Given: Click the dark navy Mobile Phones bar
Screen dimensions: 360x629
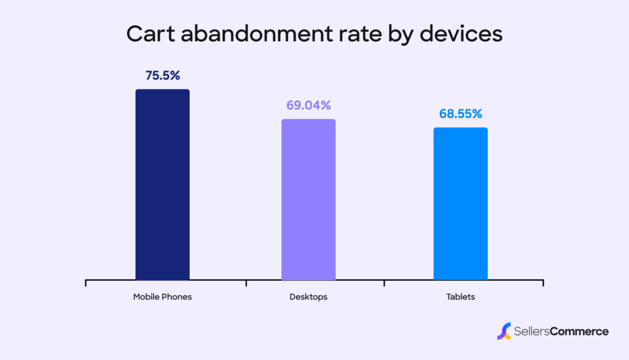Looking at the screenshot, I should [x=162, y=184].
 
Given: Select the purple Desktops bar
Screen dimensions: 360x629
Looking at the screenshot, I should [x=308, y=200].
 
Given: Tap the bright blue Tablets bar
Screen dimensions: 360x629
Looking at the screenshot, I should [x=460, y=204].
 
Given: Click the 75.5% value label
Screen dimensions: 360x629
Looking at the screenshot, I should [x=163, y=76].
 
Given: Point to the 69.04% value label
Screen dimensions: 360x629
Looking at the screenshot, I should [x=308, y=105].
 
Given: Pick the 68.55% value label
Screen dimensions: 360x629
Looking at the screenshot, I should [x=460, y=114].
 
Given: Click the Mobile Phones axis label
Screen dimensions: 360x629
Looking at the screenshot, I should [x=162, y=297].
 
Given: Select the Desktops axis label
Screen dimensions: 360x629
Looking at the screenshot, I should [x=308, y=297].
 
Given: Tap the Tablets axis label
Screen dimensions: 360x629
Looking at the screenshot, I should [x=460, y=297].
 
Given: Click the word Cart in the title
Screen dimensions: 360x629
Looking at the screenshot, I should [x=149, y=34].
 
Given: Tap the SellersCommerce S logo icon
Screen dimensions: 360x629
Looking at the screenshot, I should [x=504, y=331].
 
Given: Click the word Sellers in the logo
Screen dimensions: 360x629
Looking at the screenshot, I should [x=532, y=332].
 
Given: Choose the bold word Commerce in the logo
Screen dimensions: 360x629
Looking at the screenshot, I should [x=580, y=332].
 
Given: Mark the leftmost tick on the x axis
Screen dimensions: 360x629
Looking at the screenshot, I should [x=85, y=283].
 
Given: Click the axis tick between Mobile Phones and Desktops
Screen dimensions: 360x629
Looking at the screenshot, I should [x=246, y=283].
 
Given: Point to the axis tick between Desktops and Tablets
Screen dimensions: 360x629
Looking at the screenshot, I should [x=385, y=283].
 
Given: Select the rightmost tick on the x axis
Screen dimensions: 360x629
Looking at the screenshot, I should [x=543, y=283].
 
